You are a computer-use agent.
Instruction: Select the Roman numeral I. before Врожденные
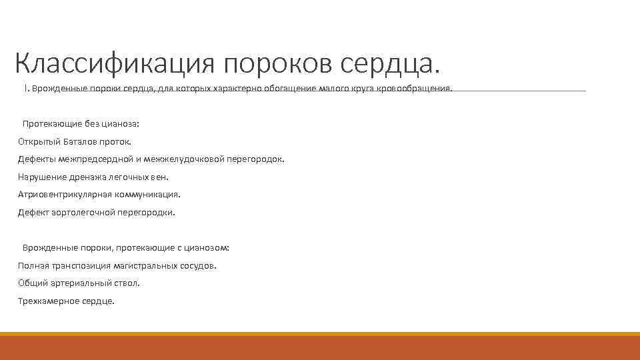coord(26,89)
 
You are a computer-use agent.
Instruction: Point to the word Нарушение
coord(40,177)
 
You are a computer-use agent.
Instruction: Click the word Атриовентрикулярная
coord(62,195)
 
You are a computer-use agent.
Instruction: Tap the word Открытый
coord(39,141)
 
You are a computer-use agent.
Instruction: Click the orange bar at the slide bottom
coord(320,347)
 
